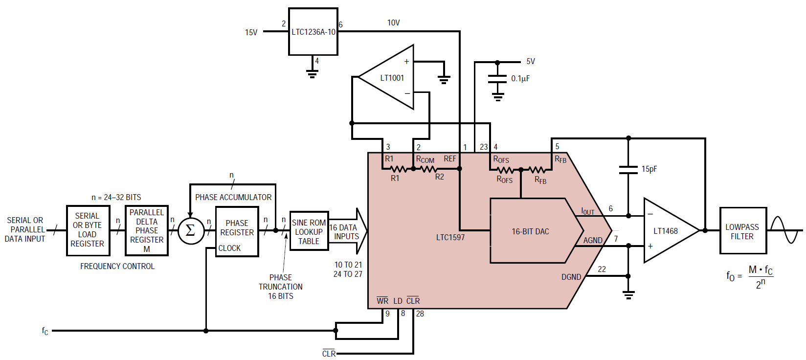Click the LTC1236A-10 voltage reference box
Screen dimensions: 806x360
(313, 32)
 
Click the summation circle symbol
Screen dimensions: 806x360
(191, 231)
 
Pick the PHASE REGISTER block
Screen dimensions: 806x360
(237, 231)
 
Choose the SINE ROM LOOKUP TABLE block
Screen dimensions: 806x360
(309, 231)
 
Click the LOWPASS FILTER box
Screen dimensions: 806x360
(743, 231)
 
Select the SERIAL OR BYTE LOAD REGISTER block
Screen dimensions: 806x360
(88, 231)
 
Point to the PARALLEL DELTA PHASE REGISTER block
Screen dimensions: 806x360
(147, 231)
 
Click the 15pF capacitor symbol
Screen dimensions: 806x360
(628, 170)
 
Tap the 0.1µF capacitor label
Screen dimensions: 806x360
(520, 78)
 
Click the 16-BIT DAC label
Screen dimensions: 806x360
(530, 231)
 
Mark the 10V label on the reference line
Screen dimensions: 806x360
(393, 22)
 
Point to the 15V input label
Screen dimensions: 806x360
(251, 32)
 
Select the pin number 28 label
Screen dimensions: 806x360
(420, 314)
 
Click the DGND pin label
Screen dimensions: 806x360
(571, 277)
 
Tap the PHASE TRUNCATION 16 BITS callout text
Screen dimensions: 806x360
(281, 287)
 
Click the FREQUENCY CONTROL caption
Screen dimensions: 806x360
(117, 267)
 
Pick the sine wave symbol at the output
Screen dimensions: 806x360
(785, 230)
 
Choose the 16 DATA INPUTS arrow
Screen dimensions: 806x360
(348, 231)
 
